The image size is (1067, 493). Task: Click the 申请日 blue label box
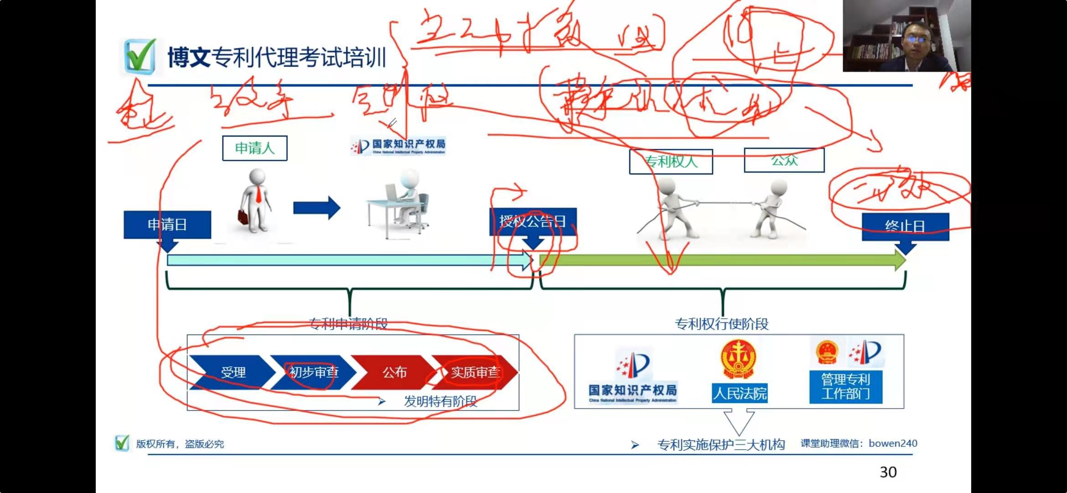[x=167, y=225]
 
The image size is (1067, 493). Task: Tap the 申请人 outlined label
[x=254, y=148]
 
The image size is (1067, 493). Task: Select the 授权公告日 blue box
[x=533, y=222]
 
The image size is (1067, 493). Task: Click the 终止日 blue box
[x=905, y=226]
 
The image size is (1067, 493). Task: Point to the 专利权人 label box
[x=671, y=162]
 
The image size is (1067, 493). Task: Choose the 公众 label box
[x=784, y=160]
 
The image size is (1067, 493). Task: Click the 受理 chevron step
[x=233, y=372]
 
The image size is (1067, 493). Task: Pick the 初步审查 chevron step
[x=313, y=372]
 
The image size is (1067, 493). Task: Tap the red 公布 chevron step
[x=394, y=372]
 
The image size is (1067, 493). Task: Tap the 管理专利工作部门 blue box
[x=845, y=387]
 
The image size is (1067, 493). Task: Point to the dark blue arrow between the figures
[x=316, y=208]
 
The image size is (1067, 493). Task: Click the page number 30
[x=888, y=472]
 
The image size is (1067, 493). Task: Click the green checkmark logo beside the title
[x=140, y=56]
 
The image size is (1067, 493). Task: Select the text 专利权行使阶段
[x=721, y=324]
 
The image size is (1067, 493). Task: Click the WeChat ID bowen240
[x=893, y=443]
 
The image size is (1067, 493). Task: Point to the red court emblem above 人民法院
[x=738, y=358]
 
